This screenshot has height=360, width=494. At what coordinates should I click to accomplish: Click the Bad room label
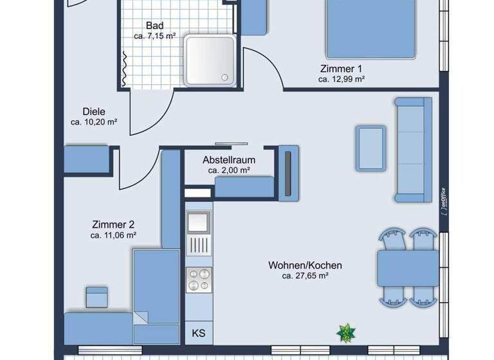154,26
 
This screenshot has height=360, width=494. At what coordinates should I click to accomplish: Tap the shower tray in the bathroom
210,60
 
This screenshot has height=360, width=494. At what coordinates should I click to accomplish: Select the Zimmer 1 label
342,69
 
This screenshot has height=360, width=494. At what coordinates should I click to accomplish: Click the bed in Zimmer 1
370,29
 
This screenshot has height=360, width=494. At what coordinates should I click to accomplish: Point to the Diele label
94,111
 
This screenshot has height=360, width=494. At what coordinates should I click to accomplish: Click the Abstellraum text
229,160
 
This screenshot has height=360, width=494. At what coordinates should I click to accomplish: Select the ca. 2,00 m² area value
229,171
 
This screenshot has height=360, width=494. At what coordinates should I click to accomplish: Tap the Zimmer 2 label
113,225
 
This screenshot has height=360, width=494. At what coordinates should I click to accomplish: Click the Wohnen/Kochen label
306,265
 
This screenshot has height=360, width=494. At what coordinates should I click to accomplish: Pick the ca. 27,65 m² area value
306,276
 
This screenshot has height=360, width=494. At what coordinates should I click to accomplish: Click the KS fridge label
198,334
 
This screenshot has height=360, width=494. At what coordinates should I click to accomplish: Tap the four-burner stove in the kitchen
198,280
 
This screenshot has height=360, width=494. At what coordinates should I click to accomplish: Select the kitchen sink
198,222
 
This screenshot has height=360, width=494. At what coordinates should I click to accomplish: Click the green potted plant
346,333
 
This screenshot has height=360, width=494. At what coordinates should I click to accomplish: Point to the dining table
408,267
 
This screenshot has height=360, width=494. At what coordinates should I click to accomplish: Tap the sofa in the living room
414,149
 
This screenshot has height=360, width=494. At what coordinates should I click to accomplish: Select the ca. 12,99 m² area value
342,80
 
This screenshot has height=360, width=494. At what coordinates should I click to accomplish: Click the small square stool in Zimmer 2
96,297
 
